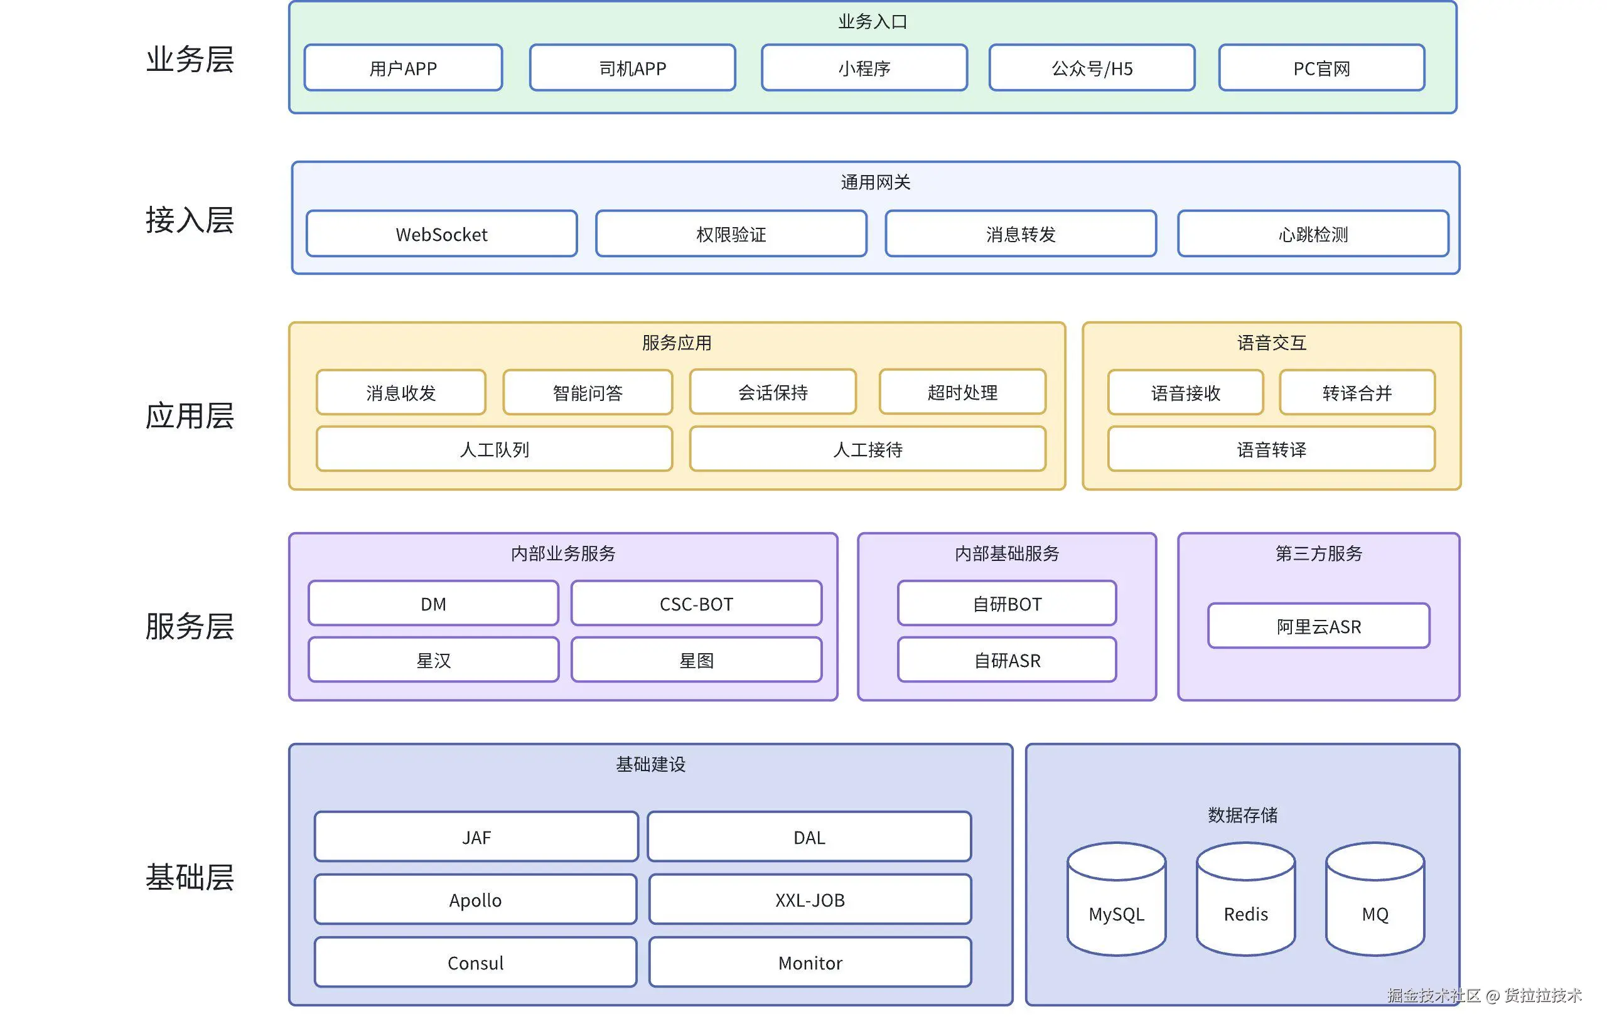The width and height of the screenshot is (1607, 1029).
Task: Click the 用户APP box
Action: click(x=403, y=68)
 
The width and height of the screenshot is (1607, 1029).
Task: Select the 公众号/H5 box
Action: click(x=1092, y=68)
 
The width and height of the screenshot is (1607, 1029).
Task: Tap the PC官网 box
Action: click(x=1321, y=68)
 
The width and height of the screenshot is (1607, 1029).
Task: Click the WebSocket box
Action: click(x=441, y=234)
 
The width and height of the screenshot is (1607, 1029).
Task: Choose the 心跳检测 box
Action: click(x=1313, y=234)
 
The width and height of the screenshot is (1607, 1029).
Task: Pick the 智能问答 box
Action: click(x=588, y=392)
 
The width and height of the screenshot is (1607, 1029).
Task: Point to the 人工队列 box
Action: click(x=494, y=449)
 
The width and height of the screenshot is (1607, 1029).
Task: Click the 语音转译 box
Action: click(x=1271, y=449)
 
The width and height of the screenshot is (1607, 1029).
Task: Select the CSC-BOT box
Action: click(x=696, y=604)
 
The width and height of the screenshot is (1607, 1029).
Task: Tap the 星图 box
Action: click(x=696, y=660)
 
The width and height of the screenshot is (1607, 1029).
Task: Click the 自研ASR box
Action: click(x=1007, y=660)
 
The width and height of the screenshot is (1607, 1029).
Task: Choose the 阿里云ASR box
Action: click(x=1318, y=626)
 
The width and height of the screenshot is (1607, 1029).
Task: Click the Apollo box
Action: click(x=475, y=899)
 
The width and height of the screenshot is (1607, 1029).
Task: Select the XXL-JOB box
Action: click(x=810, y=899)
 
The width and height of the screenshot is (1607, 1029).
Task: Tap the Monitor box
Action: click(x=810, y=962)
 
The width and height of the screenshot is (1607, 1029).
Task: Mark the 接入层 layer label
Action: click(x=190, y=220)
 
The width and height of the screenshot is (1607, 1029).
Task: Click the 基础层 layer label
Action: click(x=190, y=877)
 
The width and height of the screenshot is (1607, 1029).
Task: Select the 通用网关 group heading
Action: click(x=875, y=182)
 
